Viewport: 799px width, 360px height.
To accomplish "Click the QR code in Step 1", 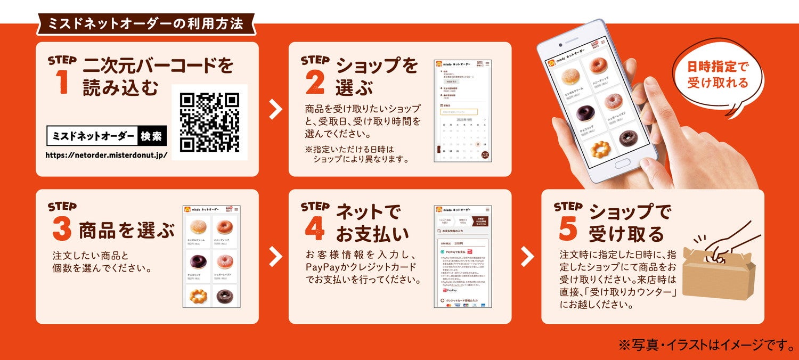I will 209,122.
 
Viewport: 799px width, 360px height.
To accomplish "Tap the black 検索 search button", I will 152,136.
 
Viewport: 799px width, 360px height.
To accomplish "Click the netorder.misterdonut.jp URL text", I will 107,156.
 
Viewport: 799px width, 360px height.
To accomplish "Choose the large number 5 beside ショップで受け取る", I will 568,229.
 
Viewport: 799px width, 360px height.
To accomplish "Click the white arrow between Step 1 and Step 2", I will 275,109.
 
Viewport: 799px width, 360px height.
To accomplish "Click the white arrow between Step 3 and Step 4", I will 275,257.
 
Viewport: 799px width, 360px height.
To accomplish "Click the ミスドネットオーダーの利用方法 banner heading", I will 145,23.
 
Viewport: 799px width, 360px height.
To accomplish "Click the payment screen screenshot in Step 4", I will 462,257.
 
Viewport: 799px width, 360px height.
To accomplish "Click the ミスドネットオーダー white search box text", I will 93,136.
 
